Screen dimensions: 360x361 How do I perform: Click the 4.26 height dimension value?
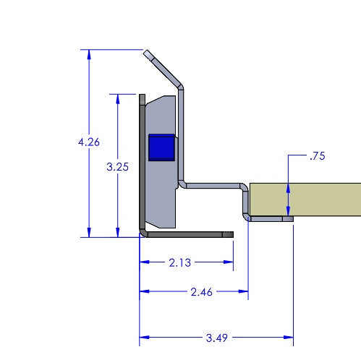pyautogui.click(x=88, y=142)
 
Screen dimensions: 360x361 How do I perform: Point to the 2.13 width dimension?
pyautogui.click(x=179, y=263)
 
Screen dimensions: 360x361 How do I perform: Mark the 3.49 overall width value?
pyautogui.click(x=214, y=338)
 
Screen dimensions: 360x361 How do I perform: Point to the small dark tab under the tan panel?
pyautogui.click(x=287, y=218)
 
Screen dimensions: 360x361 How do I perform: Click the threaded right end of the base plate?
pyautogui.click(x=229, y=234)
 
